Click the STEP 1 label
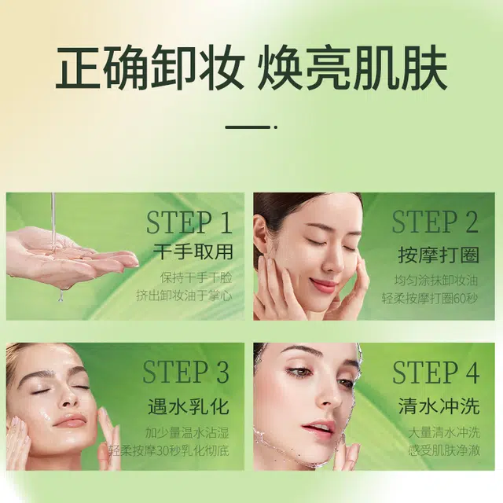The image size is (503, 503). coord(189,222)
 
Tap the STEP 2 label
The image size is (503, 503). coord(435,222)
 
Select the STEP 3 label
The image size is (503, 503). coord(185,372)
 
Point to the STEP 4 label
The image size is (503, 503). coord(436,372)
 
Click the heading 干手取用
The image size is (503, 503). coord(193,251)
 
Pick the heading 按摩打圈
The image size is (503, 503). coord(439,255)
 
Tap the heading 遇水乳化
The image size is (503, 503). coord(189,406)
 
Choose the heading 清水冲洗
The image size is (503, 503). coord(439,406)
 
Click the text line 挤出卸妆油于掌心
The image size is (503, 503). coord(184,296)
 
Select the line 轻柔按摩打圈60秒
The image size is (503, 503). coord(430,299)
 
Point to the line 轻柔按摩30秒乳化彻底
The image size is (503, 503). coord(169,450)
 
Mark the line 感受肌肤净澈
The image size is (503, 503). coord(444,450)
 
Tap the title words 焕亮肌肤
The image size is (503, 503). coord(353,68)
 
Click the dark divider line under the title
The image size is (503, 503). coord(248,127)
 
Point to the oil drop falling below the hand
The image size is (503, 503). coord(61,296)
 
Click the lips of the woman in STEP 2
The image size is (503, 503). coord(322,284)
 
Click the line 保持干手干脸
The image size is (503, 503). coord(196,277)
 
